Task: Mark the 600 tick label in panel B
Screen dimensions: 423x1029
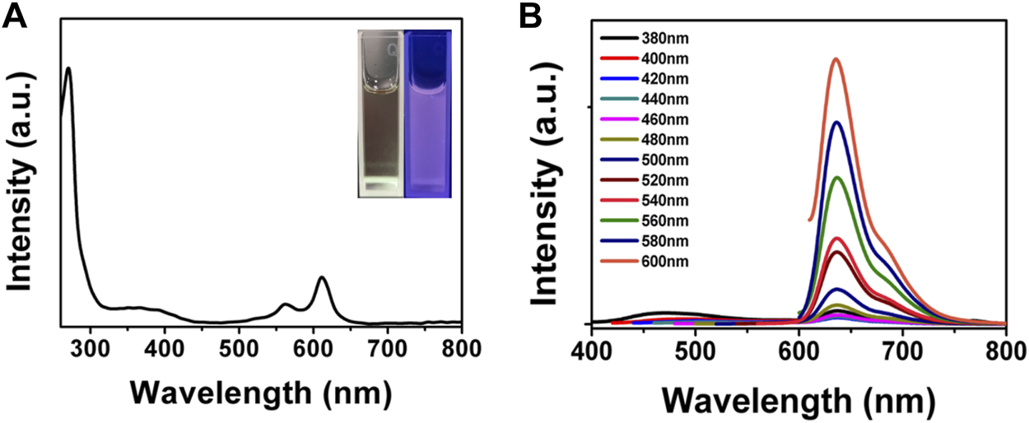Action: coord(799,345)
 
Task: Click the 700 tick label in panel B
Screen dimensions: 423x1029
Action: coord(903,345)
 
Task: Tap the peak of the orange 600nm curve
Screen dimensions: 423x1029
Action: coord(836,59)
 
